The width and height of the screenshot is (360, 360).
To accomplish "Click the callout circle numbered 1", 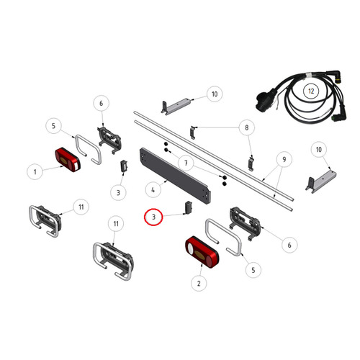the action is click(35, 172).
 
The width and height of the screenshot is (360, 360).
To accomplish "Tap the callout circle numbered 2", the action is click(199, 284).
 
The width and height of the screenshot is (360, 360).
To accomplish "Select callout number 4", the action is click(153, 190).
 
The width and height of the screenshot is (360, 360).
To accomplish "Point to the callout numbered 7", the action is click(186, 163).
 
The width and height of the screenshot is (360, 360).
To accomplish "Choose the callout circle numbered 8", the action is click(247, 127).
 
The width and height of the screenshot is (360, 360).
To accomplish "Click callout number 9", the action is click(284, 159).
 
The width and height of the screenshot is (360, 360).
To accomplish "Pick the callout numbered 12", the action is click(311, 91).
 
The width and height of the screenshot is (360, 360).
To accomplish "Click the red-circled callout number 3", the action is click(153, 217).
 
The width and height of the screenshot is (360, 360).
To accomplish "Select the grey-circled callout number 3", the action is click(118, 192).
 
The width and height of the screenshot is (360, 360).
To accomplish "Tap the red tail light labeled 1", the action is click(68, 160).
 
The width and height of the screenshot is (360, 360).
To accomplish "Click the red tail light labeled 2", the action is click(202, 252).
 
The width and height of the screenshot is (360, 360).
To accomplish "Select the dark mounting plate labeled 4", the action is click(175, 176).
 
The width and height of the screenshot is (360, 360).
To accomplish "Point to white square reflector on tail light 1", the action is click(76, 166).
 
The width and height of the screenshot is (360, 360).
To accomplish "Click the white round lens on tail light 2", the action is click(191, 248).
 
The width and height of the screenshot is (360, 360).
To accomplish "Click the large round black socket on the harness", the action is click(264, 99).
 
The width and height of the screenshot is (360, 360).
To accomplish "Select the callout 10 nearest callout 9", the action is click(318, 150).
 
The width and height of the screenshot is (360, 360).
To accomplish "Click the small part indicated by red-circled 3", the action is click(189, 207).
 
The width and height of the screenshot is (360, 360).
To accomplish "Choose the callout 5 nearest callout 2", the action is click(253, 270).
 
